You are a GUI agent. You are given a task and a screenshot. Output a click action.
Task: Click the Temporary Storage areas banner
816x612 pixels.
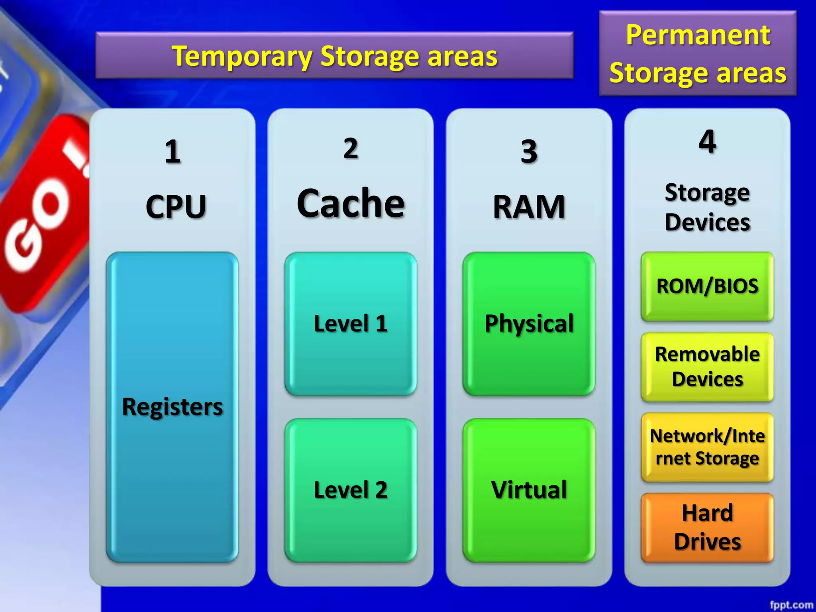pyautogui.click(x=334, y=55)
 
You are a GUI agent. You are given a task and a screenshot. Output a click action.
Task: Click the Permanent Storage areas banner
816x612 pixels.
pyautogui.click(x=698, y=54)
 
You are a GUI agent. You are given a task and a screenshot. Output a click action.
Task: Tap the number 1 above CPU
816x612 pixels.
pyautogui.click(x=172, y=152)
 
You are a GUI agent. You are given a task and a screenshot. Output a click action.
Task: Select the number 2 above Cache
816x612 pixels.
pyautogui.click(x=351, y=148)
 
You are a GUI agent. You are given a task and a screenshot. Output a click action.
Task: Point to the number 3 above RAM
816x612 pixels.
pyautogui.click(x=529, y=151)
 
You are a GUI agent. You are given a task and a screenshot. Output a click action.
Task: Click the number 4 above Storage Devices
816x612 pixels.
pyautogui.click(x=707, y=141)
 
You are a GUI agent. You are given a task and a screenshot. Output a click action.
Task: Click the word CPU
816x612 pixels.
pyautogui.click(x=176, y=206)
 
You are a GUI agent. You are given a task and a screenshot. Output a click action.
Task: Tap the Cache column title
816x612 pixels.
pyautogui.click(x=351, y=203)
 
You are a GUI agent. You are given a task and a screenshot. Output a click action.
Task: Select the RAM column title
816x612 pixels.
pyautogui.click(x=529, y=207)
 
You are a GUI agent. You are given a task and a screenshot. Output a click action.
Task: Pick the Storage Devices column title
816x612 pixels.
pyautogui.click(x=707, y=207)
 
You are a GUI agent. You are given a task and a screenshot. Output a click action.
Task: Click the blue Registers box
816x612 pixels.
pyautogui.click(x=172, y=407)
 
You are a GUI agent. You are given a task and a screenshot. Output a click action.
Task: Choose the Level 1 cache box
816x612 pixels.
pyautogui.click(x=351, y=324)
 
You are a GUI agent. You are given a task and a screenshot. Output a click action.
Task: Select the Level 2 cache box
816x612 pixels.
pyautogui.click(x=351, y=490)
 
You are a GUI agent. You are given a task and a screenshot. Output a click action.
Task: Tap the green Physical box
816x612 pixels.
pyautogui.click(x=529, y=324)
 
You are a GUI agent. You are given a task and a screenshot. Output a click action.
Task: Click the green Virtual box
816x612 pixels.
pyautogui.click(x=529, y=490)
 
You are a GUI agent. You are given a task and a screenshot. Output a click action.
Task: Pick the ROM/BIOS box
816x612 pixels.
pyautogui.click(x=707, y=286)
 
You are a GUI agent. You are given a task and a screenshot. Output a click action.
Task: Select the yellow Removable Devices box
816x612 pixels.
pyautogui.click(x=707, y=367)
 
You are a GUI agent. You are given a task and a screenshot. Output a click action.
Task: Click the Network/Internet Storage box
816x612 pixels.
pyautogui.click(x=707, y=447)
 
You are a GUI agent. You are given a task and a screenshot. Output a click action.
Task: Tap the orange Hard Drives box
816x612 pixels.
pyautogui.click(x=707, y=528)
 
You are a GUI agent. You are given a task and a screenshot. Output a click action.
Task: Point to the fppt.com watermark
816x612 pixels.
pyautogui.click(x=791, y=605)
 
